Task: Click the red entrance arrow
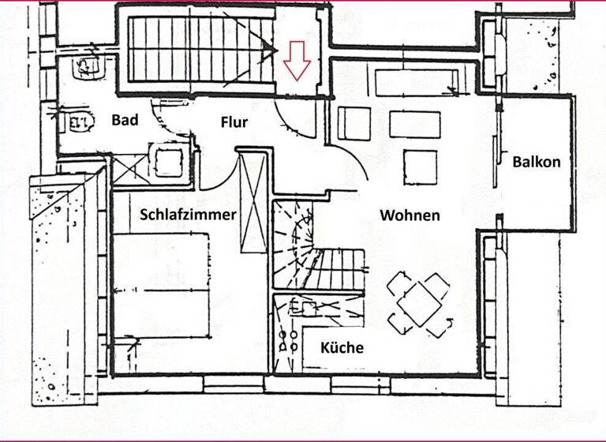point(297,61)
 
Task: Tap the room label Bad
point(125,120)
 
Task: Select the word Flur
point(234,122)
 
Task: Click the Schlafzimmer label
point(188,214)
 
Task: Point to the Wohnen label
point(410,215)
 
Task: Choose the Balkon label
point(537,162)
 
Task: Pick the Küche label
point(342,347)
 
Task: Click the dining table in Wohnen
point(419,304)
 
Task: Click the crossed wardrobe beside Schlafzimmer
point(252,201)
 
